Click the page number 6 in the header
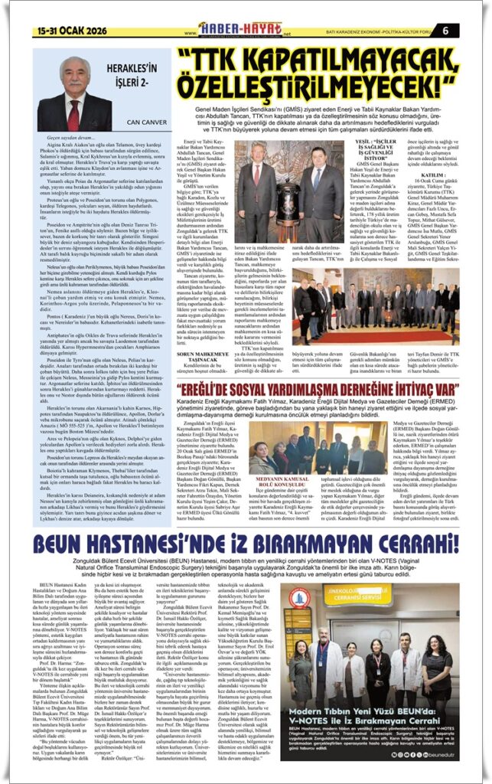coord(467,31)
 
